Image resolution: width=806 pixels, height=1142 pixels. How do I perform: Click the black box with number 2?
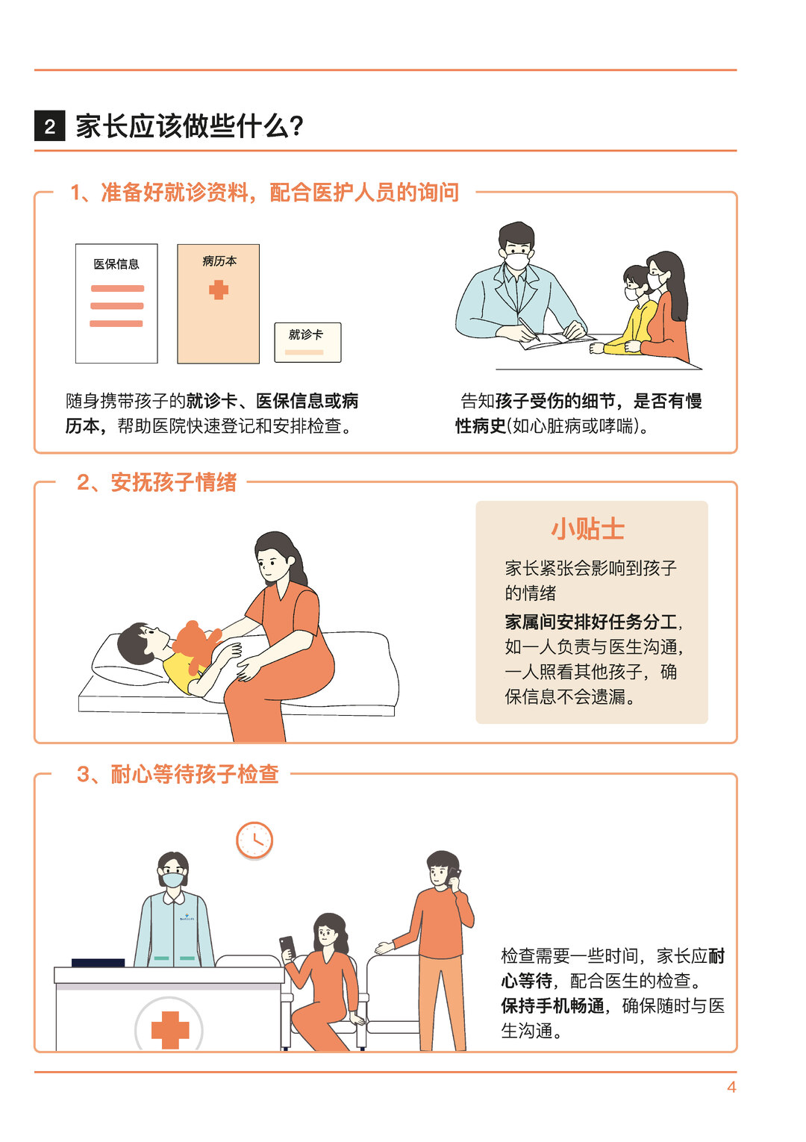coord(49,125)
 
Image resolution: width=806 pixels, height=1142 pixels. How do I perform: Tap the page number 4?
coord(731,1087)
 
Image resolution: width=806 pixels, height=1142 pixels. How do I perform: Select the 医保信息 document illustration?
coord(116,303)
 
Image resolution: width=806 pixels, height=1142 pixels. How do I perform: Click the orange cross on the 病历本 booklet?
coord(219,290)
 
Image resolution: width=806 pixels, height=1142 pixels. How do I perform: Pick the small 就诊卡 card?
coord(307,342)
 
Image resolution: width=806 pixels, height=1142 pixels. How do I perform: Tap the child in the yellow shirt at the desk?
coord(626,311)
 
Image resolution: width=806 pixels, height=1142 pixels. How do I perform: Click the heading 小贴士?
coord(588,528)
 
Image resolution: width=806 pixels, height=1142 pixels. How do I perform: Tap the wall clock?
coord(254,840)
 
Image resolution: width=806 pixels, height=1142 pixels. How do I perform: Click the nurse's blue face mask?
coord(173,879)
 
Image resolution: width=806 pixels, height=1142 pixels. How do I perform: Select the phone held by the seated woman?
coord(287,946)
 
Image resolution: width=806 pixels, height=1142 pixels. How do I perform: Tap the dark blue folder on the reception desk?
coord(98,963)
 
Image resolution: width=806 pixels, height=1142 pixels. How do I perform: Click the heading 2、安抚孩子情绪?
coord(157,482)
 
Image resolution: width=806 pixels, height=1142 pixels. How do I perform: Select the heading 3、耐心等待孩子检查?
coord(178,774)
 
